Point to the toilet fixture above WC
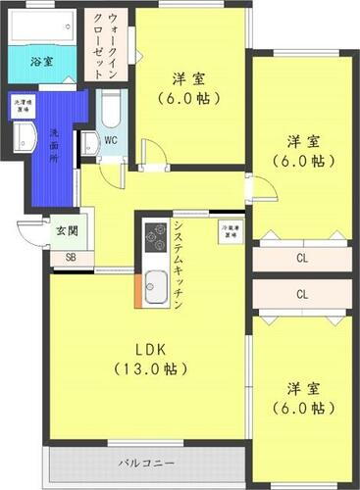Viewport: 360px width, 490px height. (x=110, y=109)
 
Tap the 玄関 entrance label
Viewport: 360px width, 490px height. (x=65, y=232)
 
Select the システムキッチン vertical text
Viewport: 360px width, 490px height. (x=177, y=266)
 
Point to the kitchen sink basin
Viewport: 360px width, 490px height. (x=156, y=288)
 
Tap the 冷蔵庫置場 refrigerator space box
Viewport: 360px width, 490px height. (x=230, y=233)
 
